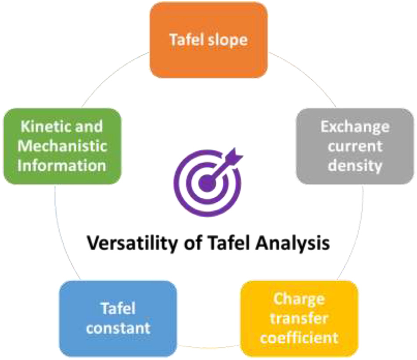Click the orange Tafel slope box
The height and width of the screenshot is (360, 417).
coord(208,40)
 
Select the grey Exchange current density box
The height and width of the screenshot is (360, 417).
coord(355,146)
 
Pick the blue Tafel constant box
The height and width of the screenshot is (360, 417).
coord(118,319)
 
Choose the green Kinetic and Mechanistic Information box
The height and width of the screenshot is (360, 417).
coord(61,146)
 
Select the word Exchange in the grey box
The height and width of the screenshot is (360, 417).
coord(355,127)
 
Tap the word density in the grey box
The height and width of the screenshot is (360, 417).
coord(355,166)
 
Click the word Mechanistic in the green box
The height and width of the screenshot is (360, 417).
coord(61,146)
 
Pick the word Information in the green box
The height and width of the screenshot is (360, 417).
coord(61,166)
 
